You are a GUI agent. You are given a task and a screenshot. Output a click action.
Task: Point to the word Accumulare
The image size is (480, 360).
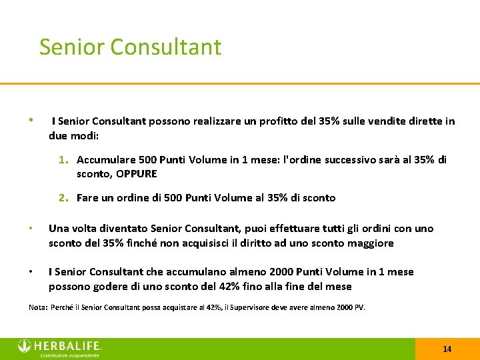[x=105, y=160]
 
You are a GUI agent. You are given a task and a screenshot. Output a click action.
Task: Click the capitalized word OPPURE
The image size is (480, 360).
[x=137, y=174]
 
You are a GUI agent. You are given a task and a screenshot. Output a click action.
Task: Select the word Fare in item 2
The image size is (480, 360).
[x=87, y=197]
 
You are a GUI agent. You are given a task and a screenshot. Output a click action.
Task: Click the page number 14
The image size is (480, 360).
[x=447, y=349]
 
